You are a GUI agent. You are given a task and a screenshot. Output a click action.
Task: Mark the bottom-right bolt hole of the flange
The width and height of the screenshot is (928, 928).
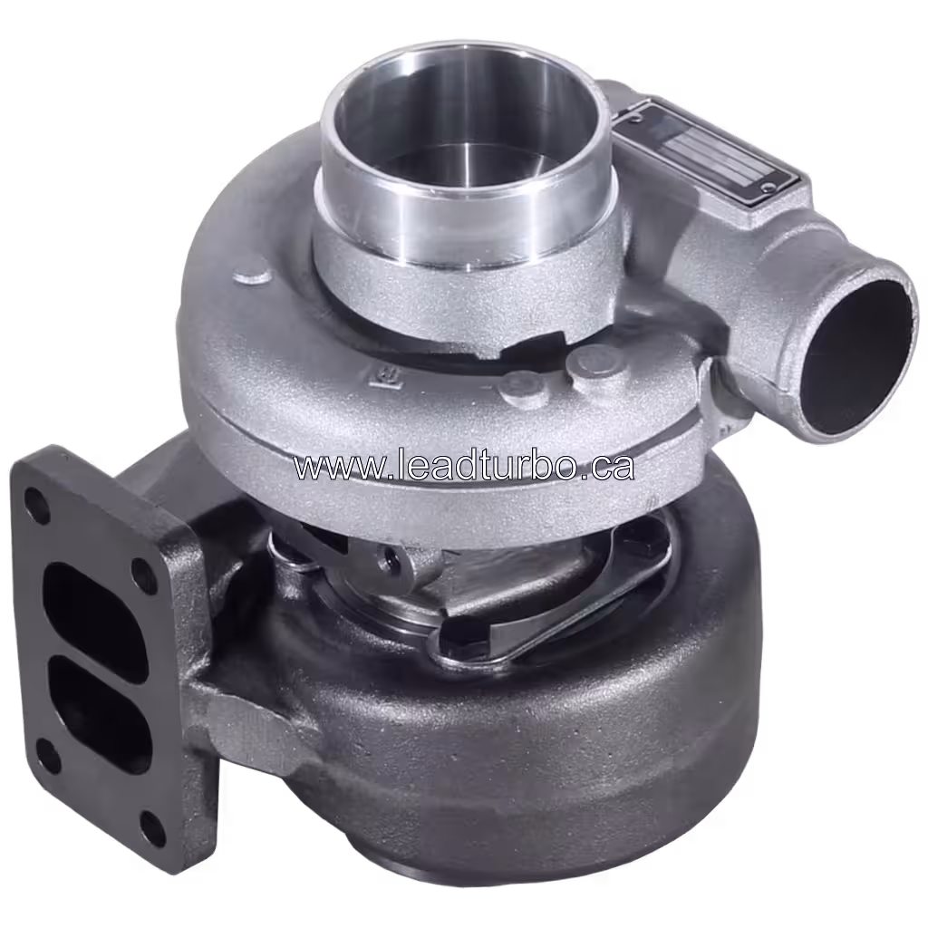pyautogui.click(x=154, y=827)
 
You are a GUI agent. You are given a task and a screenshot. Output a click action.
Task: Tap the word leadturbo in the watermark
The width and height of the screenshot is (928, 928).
pyautogui.click(x=471, y=466)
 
